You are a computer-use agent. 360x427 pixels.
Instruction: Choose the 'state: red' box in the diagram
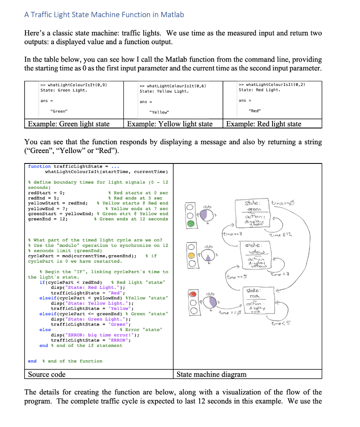(x=254, y=297)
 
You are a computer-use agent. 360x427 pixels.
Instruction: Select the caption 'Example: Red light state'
(x=263, y=124)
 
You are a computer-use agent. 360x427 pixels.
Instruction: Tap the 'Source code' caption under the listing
(x=47, y=374)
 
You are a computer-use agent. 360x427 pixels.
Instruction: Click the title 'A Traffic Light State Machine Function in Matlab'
(x=104, y=15)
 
